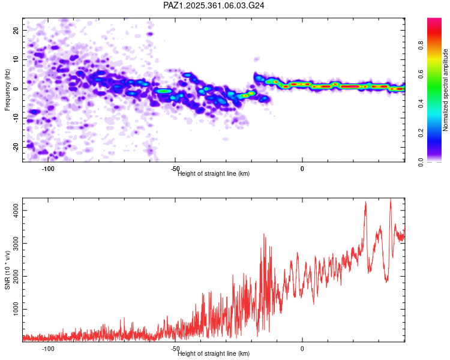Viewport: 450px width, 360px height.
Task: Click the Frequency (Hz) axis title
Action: (x=7, y=90)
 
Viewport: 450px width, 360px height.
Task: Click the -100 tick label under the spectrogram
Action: (x=48, y=169)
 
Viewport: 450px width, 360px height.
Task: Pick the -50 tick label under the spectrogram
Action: (x=175, y=169)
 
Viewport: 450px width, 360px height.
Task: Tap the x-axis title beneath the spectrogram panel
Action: (x=214, y=173)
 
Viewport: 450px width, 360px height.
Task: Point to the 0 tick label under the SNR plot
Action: (x=302, y=349)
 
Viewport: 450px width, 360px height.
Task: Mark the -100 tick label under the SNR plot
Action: (x=48, y=349)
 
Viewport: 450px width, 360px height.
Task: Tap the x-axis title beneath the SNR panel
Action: (x=214, y=353)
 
